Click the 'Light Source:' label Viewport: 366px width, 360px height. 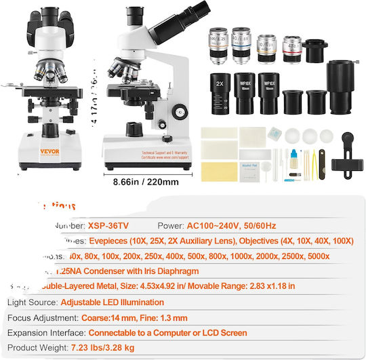tap(31, 302)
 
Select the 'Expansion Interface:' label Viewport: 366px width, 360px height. tap(45, 333)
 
